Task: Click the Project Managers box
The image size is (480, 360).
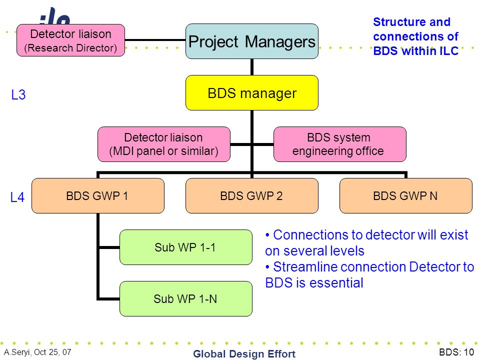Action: click(x=252, y=41)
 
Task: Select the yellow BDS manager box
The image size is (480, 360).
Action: click(x=252, y=93)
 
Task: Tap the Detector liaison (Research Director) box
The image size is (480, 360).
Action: click(x=70, y=40)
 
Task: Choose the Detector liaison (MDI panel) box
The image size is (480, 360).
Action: click(x=164, y=144)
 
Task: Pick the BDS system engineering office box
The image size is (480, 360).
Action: click(x=340, y=144)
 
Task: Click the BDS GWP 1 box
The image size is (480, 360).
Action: click(x=98, y=195)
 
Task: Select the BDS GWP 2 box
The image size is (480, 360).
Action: click(x=252, y=195)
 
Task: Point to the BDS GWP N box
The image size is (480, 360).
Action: click(x=406, y=195)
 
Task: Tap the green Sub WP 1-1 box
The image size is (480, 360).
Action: click(x=186, y=247)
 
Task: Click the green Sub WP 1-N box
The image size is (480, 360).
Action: click(x=186, y=298)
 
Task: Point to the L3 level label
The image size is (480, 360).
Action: click(x=18, y=94)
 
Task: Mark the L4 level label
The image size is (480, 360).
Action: click(x=17, y=197)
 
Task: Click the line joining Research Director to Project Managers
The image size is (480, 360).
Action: click(x=155, y=40)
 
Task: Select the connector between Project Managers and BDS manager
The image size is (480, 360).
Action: click(x=252, y=67)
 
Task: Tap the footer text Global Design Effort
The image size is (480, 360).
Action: click(x=244, y=353)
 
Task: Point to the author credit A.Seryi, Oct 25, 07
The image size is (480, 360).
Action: click(x=37, y=352)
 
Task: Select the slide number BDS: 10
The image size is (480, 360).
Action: click(x=456, y=352)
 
